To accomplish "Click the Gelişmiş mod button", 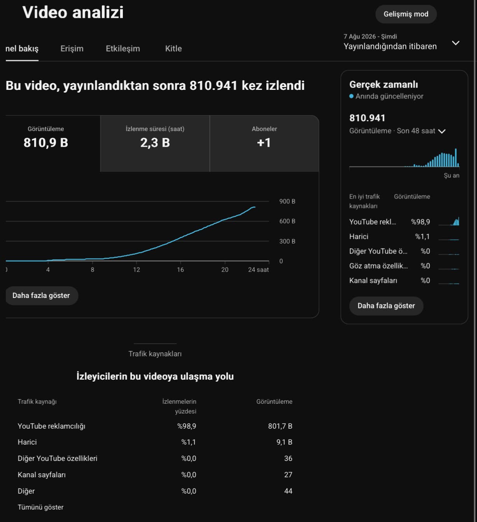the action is tap(406, 14).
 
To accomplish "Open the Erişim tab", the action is tap(72, 49).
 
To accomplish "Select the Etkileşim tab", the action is tap(123, 49).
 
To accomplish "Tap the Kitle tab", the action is tap(173, 49).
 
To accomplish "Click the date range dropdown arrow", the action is tap(455, 43).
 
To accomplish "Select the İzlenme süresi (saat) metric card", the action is tap(155, 144).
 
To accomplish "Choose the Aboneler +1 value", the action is tap(264, 143).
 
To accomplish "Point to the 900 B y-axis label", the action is tap(287, 201).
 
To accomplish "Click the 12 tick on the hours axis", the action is tap(136, 270).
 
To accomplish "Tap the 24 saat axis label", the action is tap(258, 270).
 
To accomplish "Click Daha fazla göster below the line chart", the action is tap(41, 296).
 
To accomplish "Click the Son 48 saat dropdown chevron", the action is tap(442, 131).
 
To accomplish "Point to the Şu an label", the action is tap(451, 176).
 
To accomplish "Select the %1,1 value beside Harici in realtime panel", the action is tap(423, 236).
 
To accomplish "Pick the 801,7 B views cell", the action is tap(280, 426).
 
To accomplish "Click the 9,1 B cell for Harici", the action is tap(284, 442).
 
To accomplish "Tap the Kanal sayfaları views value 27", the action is tap(288, 475).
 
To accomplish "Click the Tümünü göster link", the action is tap(40, 508).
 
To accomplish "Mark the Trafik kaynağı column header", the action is tap(37, 402).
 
